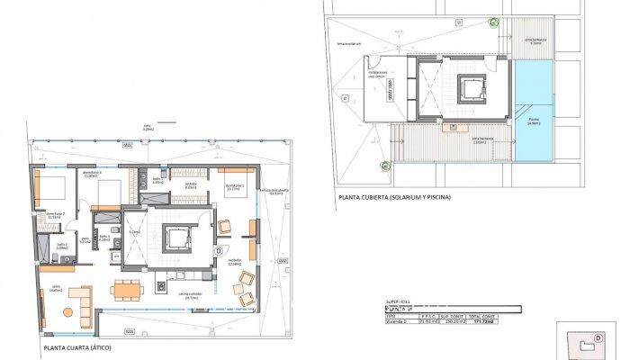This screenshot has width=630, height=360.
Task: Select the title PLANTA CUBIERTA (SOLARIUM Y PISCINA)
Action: [x=393, y=196]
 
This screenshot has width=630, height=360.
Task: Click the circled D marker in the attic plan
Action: [x=220, y=250]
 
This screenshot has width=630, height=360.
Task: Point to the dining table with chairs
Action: [x=127, y=289]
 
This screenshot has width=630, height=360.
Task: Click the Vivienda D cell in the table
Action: [x=388, y=322]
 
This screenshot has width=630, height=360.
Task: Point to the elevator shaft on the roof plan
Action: [x=469, y=88]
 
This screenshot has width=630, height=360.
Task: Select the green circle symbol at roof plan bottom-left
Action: [x=385, y=165]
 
